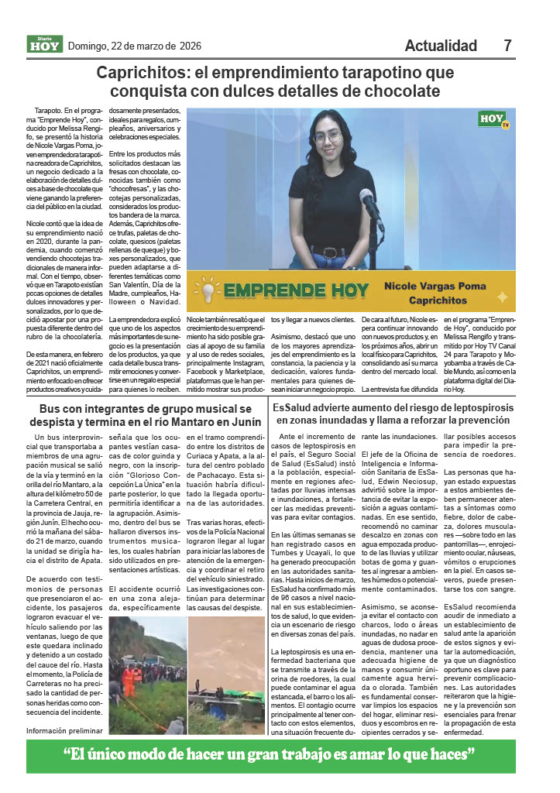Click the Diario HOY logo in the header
click(45, 45)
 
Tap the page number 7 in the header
click(507, 46)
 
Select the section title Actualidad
click(441, 46)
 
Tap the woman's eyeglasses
click(328, 137)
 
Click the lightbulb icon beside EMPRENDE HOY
click(208, 291)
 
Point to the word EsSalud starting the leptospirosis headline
click(294, 407)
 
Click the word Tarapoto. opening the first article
click(50, 112)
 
